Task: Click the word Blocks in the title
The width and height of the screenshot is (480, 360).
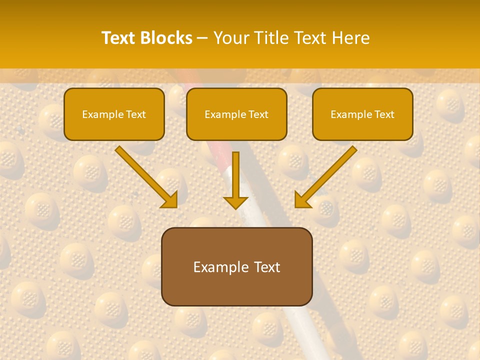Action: click(x=166, y=38)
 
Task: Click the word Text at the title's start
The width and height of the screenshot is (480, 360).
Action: click(x=119, y=38)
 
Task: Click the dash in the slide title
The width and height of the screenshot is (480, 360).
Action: click(x=202, y=38)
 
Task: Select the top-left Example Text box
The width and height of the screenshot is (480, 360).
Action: click(x=114, y=114)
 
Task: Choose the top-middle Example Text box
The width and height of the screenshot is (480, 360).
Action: click(x=236, y=114)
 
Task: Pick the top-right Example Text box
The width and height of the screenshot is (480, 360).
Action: click(x=362, y=114)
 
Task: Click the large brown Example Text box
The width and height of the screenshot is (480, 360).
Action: click(x=236, y=266)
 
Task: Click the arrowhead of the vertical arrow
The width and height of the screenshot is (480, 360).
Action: click(x=235, y=202)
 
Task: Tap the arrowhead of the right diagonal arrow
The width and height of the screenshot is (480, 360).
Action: click(x=302, y=200)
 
